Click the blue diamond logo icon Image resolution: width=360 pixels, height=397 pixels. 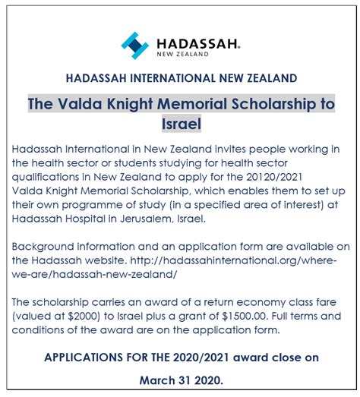click(x=135, y=46)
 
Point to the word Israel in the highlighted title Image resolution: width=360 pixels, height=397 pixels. click(x=180, y=122)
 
